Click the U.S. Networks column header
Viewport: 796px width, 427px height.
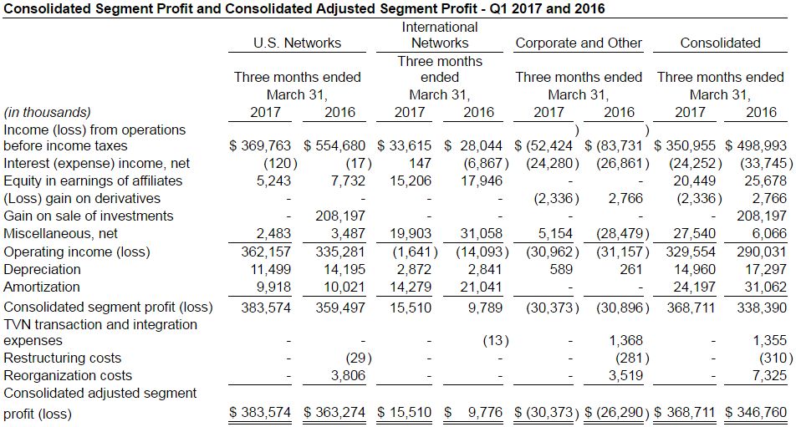point(297,43)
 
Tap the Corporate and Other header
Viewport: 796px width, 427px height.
point(579,43)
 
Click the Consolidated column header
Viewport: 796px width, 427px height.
point(720,43)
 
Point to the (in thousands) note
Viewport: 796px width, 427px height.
point(47,112)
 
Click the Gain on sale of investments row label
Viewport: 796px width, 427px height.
point(89,216)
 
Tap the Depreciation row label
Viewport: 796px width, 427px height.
point(43,270)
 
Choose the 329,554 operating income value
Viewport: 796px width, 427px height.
point(692,252)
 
